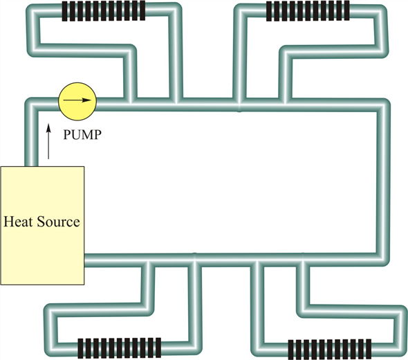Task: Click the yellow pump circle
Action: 77,102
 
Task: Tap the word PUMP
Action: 82,135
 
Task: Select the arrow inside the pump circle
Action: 77,100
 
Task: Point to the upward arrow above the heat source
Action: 48,141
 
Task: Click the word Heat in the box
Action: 18,222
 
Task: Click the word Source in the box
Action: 58,222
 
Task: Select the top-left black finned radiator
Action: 104,10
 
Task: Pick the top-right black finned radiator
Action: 308,10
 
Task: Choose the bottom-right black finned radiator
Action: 330,349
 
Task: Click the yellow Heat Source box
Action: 42,226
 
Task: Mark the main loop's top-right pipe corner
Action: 383,105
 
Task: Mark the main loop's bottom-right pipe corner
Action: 383,260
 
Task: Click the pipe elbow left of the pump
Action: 32,105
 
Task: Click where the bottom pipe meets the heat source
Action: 85,260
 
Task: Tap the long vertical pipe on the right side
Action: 383,182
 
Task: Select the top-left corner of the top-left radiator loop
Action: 33,10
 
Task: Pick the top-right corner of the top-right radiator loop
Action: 380,12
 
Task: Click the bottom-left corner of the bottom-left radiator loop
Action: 51,349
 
